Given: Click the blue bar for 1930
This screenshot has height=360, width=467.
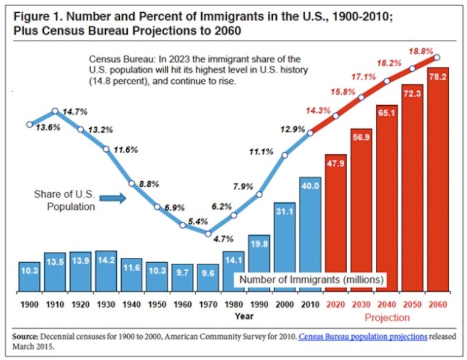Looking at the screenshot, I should coord(106,271).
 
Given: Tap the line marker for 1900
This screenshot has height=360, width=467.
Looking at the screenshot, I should coord(29,125).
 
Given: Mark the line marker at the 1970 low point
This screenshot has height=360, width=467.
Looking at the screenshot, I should coord(209,233).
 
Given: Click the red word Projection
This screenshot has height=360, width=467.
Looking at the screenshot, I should coord(387,317).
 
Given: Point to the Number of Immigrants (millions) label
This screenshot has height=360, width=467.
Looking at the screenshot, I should coord(310,280).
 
